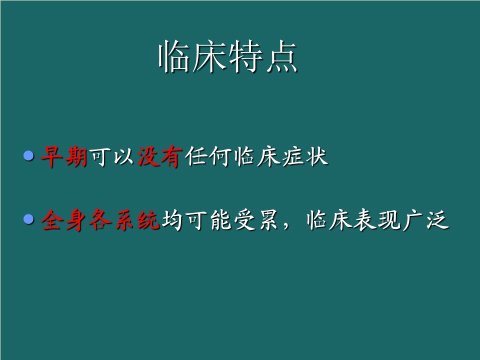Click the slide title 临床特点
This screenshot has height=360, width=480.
coord(228,56)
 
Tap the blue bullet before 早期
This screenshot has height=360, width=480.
coord(29,156)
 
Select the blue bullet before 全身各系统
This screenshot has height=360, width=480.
coord(29,219)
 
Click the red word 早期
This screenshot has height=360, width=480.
coord(64,156)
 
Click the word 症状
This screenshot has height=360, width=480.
coord(304,156)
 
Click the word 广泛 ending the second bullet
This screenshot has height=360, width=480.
coord(426,220)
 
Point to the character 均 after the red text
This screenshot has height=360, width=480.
coord(172,220)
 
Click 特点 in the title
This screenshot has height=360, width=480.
coord(263,56)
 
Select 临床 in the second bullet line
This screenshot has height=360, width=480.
coord(329,220)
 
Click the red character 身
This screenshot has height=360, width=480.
coord(76,220)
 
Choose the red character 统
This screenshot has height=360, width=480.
coord(148,220)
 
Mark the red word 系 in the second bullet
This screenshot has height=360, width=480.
coord(124,220)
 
